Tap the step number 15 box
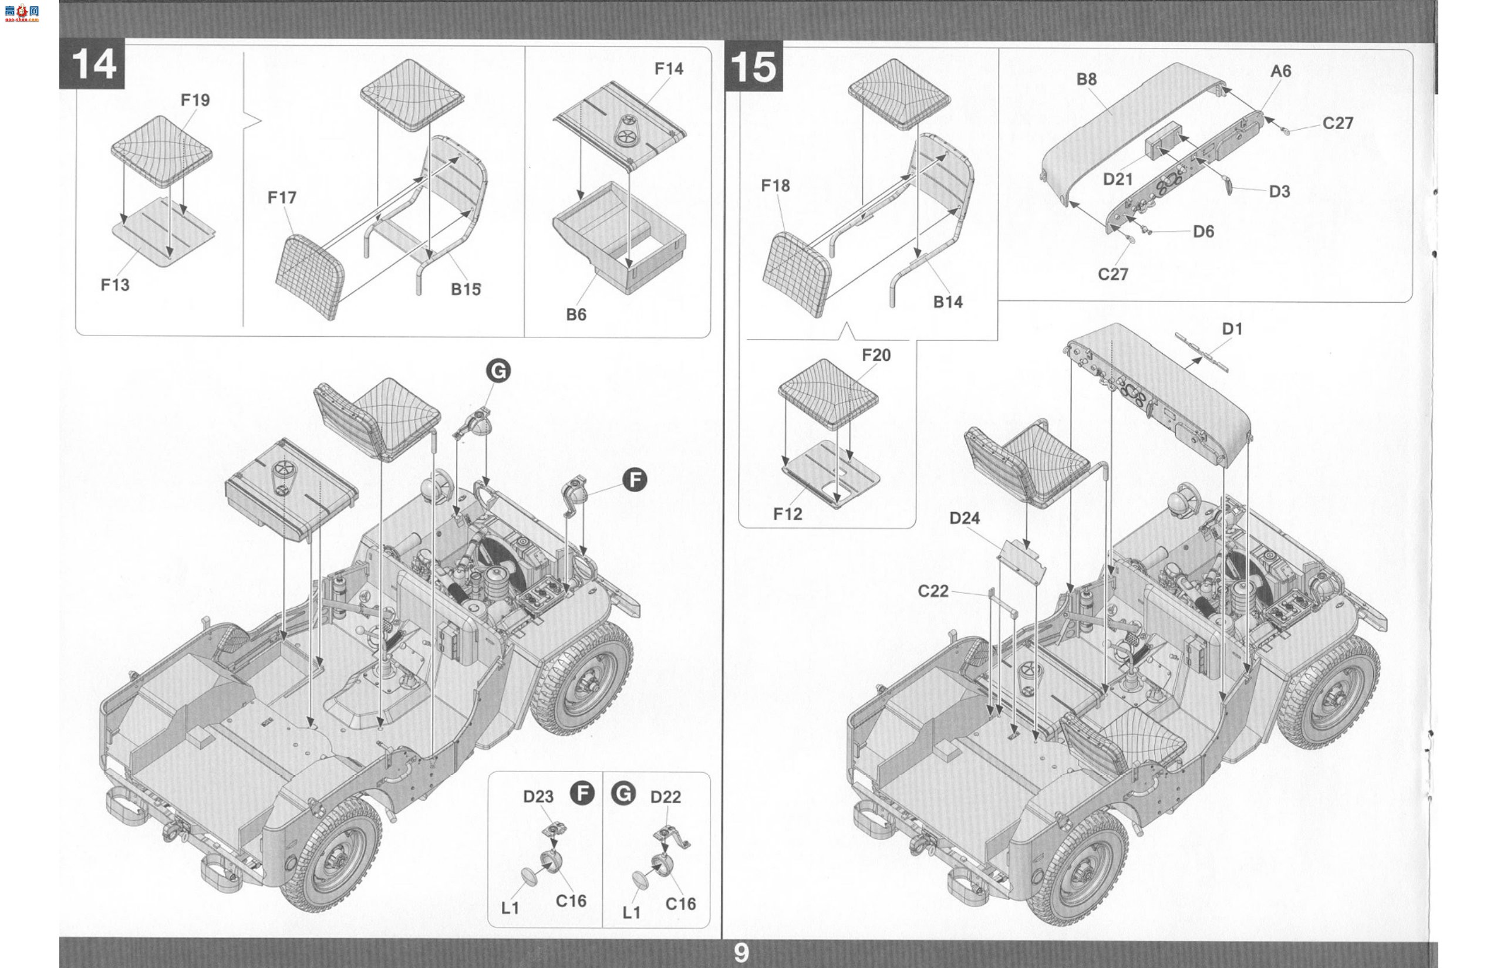[754, 66]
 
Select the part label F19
[195, 100]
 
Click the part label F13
[115, 285]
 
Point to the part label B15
[466, 289]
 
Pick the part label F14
[669, 69]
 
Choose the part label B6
[576, 314]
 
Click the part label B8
[1086, 79]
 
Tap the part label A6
[1280, 71]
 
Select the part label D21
[1118, 179]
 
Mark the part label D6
[1203, 231]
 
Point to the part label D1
[1232, 329]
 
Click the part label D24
[964, 518]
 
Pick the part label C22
[933, 591]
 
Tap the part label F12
[787, 514]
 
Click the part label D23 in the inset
[538, 797]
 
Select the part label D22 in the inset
[666, 797]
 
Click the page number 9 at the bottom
[741, 953]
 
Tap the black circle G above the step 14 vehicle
[498, 371]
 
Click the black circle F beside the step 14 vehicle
[635, 480]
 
